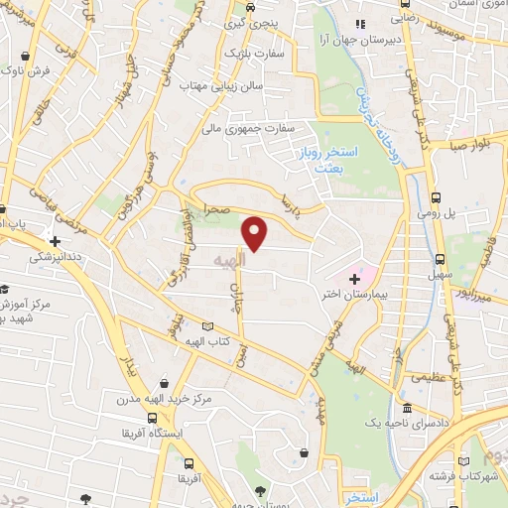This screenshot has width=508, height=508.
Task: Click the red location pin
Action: [256, 233]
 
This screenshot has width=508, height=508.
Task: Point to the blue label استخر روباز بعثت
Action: [321, 161]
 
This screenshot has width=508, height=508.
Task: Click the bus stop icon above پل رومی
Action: [438, 194]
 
